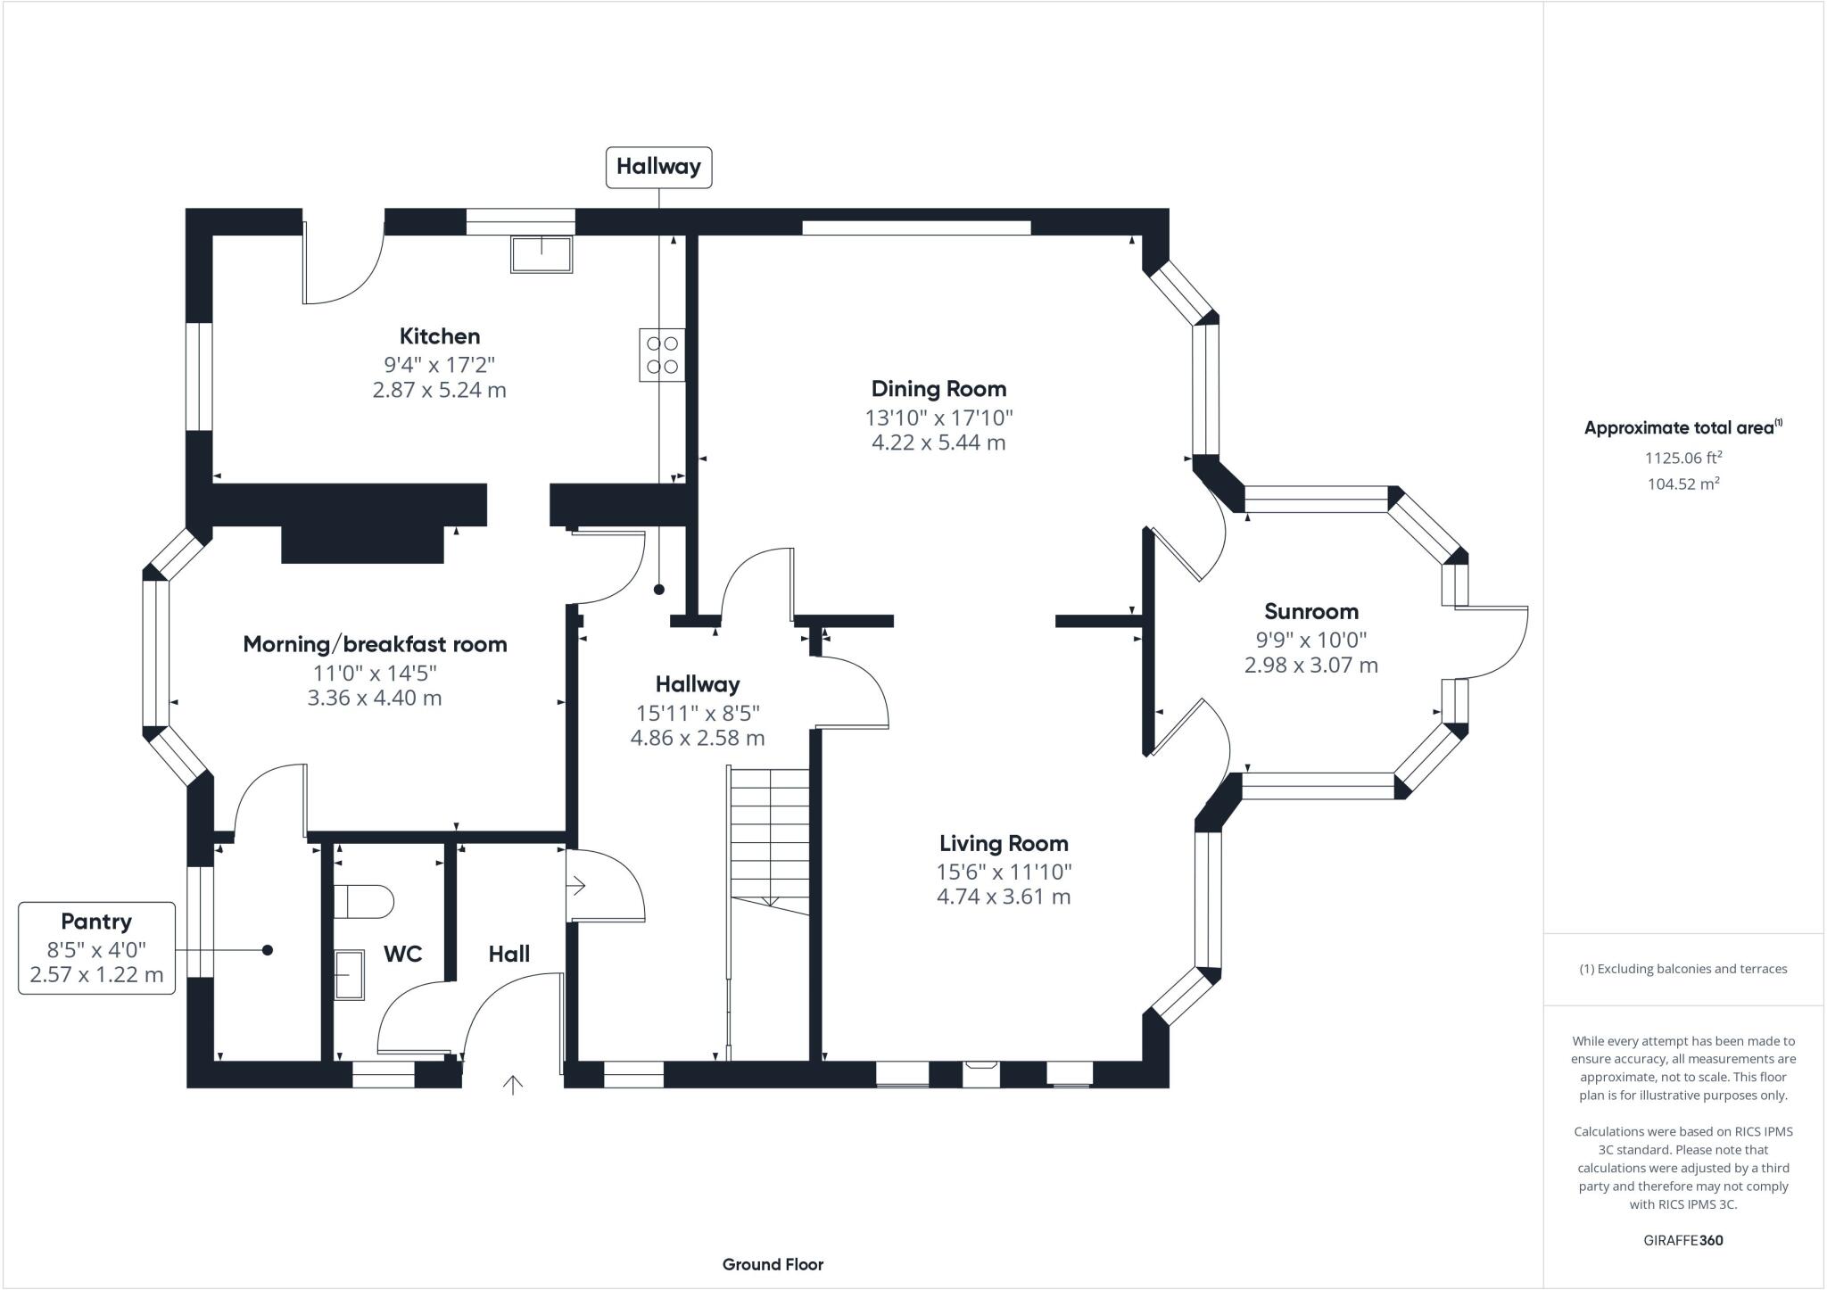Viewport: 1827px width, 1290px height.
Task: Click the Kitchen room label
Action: pos(439,336)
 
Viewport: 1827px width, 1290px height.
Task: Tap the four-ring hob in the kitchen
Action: pos(662,355)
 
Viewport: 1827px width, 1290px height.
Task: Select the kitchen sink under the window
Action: pos(541,253)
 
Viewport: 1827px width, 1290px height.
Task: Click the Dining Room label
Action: pos(938,389)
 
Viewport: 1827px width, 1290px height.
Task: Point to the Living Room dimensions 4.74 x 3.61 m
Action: pos(1003,897)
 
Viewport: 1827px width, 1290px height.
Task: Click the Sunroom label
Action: pos(1310,612)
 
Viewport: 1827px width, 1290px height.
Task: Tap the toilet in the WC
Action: pos(362,901)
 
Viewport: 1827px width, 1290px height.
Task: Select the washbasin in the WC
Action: pos(350,974)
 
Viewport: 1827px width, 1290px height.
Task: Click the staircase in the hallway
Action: pos(769,839)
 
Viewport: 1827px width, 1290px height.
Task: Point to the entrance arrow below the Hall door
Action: pos(512,1085)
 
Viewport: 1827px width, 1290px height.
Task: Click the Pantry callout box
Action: pos(96,947)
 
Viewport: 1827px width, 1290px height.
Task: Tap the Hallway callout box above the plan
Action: pos(658,167)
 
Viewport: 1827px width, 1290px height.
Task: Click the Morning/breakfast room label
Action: pos(375,644)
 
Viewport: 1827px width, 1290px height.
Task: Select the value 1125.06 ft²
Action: pos(1682,458)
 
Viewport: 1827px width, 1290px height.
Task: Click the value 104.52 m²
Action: pos(1682,484)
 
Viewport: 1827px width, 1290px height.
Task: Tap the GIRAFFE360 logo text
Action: pos(1682,1240)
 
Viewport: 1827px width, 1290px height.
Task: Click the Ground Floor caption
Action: pos(773,1264)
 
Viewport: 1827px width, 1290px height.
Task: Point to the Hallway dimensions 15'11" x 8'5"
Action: pos(697,713)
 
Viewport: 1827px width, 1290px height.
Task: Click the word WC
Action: pos(402,954)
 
